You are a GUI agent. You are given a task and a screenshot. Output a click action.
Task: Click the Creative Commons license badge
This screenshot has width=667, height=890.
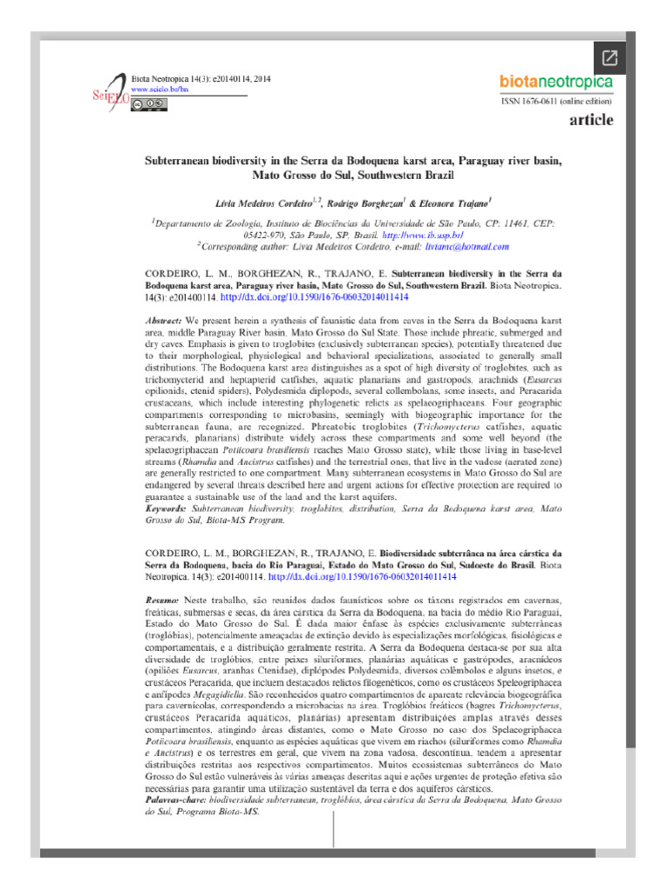point(148,103)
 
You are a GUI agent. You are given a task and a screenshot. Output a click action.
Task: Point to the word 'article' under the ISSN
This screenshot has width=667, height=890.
point(591,120)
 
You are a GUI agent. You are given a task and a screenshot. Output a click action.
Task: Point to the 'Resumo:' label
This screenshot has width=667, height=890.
point(162,601)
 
